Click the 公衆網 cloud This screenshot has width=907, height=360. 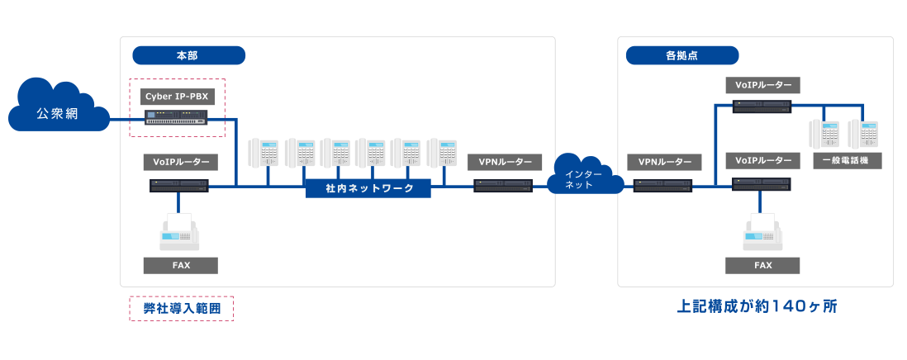point(57,111)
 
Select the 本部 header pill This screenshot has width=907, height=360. point(188,56)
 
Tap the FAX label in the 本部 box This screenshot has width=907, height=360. point(180,265)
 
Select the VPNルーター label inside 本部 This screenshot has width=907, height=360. point(505,161)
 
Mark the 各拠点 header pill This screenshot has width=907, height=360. point(681,56)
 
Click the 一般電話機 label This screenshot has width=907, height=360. point(845,161)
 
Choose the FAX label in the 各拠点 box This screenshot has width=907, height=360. point(763,265)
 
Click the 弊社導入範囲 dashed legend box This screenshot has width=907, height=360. point(181,308)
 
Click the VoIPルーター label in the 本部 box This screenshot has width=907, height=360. point(180,161)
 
